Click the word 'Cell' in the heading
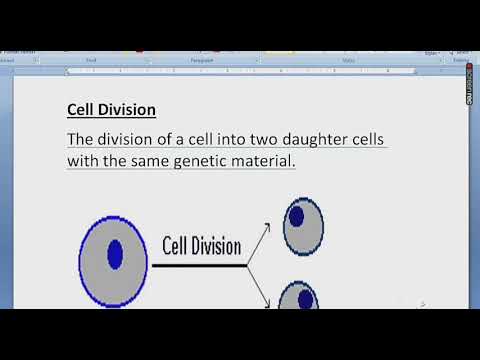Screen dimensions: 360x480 [81, 109]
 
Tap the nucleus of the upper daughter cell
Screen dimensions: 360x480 [297, 216]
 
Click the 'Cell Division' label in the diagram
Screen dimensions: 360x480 [202, 245]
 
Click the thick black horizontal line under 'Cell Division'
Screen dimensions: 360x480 [198, 265]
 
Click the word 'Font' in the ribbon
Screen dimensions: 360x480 [91, 60]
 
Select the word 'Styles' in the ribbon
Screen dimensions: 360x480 [348, 60]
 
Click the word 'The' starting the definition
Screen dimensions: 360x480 [82, 139]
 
